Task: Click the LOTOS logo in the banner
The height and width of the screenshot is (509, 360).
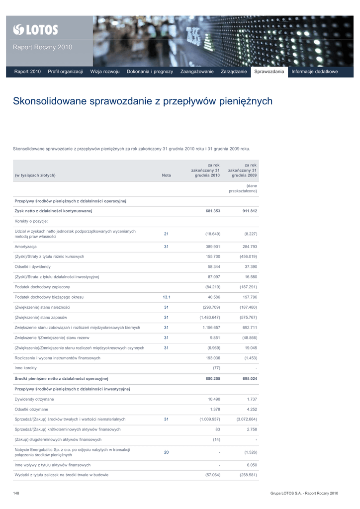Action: [35, 30]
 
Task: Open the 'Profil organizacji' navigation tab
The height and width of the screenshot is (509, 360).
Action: [65, 72]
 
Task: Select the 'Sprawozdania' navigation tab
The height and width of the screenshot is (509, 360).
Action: [269, 72]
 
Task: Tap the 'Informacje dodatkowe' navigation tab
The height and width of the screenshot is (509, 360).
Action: [314, 72]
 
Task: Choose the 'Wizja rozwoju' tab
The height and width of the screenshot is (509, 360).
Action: [105, 72]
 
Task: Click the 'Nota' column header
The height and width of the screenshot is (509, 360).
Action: [166, 175]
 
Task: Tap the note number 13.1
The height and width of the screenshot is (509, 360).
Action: [166, 297]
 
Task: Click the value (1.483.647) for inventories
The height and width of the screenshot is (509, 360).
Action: [209, 317]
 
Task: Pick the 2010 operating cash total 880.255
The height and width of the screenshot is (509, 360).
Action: [212, 379]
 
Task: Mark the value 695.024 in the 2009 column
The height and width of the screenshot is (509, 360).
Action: [249, 379]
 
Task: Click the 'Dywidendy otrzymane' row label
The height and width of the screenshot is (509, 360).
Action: [34, 399]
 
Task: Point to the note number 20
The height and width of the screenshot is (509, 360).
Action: [166, 452]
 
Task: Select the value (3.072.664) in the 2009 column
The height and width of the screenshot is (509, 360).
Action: [247, 420]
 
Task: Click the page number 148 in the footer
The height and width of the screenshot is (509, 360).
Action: [16, 493]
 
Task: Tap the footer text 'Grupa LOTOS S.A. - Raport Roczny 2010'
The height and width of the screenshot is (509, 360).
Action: [304, 493]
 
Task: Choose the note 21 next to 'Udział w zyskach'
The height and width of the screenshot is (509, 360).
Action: [166, 234]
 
